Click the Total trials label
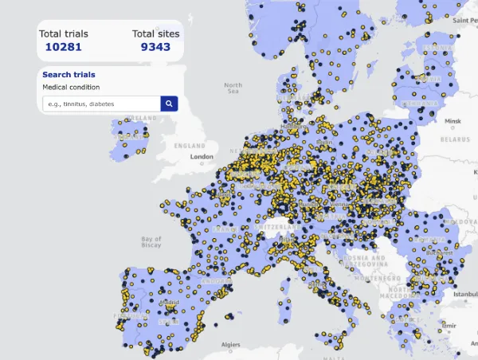(64, 33)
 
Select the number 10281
(64, 47)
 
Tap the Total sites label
(155, 33)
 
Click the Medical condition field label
(71, 87)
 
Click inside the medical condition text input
(100, 104)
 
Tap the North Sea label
(233, 88)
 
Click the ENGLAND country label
(190, 147)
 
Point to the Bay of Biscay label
(151, 242)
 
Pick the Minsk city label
(453, 121)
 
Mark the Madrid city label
(168, 303)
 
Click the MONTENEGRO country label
(363, 278)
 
